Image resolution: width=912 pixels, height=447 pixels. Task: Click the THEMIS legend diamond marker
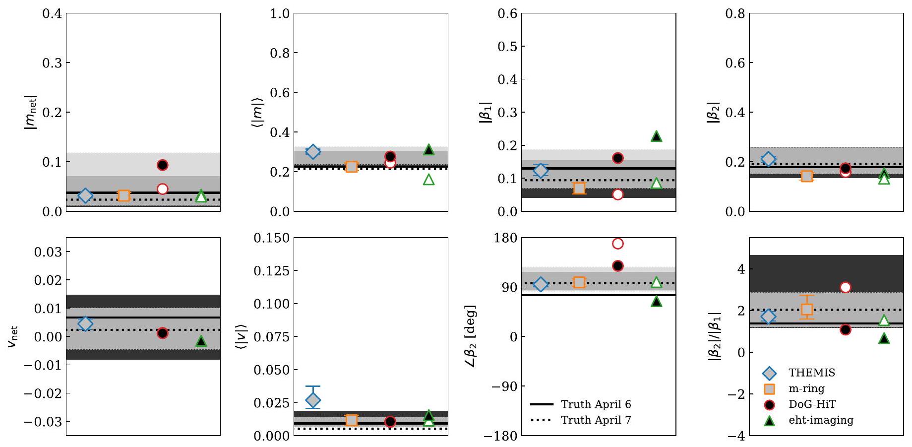(x=769, y=373)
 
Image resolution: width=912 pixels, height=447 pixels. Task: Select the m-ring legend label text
(x=806, y=388)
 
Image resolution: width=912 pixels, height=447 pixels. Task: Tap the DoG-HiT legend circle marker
(x=769, y=404)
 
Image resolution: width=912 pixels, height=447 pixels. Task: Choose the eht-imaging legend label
(x=821, y=420)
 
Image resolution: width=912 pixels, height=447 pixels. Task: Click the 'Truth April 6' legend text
(x=596, y=404)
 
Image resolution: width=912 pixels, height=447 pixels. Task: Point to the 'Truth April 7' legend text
(x=596, y=420)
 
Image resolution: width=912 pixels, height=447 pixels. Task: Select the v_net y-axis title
(x=13, y=336)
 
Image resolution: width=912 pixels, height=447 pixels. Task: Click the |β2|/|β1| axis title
(x=716, y=336)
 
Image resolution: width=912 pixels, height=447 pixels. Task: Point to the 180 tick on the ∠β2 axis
(x=506, y=238)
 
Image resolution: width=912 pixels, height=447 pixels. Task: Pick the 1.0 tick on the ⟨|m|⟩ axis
(x=279, y=13)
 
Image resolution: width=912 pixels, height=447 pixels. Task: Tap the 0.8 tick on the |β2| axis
(x=735, y=13)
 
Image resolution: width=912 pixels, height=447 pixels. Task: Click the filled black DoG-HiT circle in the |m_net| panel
(x=162, y=165)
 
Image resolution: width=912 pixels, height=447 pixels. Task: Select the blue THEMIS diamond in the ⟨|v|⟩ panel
(x=313, y=400)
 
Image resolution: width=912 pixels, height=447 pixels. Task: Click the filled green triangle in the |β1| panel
(x=656, y=136)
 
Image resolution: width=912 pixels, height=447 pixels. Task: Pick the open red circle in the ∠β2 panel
(x=617, y=244)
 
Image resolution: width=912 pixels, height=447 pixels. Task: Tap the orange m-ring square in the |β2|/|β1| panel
(x=807, y=309)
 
